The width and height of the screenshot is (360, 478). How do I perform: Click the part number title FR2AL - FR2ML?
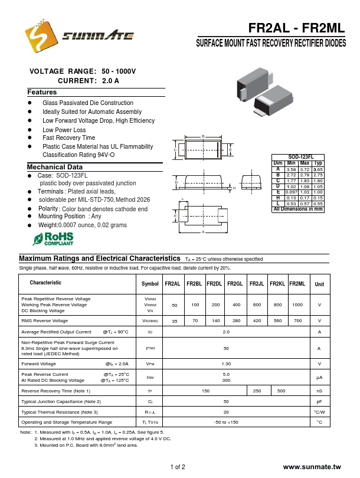click(x=295, y=28)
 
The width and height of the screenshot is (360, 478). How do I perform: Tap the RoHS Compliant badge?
click(x=54, y=239)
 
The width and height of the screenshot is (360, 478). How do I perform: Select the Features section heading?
click(x=42, y=93)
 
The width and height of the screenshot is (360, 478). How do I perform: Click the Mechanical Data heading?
click(x=55, y=167)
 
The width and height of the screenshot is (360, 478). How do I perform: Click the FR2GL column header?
click(x=235, y=284)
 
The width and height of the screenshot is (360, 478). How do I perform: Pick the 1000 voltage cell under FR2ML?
click(x=297, y=305)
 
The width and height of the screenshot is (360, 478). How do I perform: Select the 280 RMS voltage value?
click(x=235, y=320)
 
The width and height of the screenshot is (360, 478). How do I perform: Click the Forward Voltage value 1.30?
click(x=226, y=364)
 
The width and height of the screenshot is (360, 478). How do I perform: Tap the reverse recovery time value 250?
click(x=257, y=391)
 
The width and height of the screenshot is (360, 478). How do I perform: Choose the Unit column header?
click(x=319, y=284)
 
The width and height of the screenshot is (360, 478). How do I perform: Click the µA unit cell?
click(x=319, y=377)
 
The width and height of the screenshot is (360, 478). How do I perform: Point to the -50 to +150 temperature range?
click(x=226, y=423)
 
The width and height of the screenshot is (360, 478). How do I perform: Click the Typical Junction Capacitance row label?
click(x=61, y=401)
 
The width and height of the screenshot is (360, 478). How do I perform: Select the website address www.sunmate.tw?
click(x=312, y=467)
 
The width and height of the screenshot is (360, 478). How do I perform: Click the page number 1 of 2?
click(x=178, y=467)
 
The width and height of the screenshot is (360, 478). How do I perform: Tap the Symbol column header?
click(x=150, y=284)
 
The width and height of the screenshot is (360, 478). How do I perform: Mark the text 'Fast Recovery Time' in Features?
click(x=68, y=138)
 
